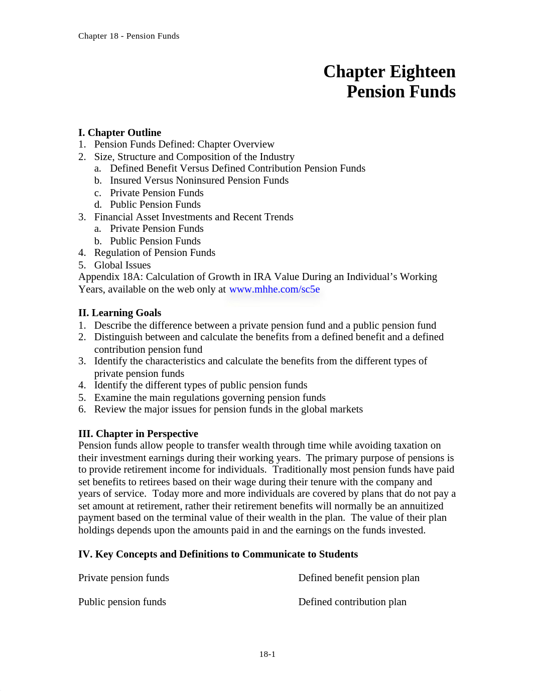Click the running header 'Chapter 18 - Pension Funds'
click(x=128, y=36)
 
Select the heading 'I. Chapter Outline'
click(x=119, y=132)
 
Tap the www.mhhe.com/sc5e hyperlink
click(x=274, y=290)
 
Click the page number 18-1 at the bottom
click(x=267, y=654)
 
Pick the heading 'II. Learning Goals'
click(x=119, y=313)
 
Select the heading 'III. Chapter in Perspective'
click(x=138, y=434)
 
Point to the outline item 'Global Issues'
click(x=122, y=265)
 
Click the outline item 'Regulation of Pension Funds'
click(x=155, y=253)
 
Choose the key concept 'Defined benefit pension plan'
click(x=359, y=578)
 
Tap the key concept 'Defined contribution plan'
click(x=352, y=602)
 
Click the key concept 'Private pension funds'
click(x=123, y=578)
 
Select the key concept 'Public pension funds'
click(x=122, y=602)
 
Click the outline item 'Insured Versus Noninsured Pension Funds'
click(x=199, y=181)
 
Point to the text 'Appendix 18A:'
click(x=110, y=277)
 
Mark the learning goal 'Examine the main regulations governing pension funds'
click(x=210, y=398)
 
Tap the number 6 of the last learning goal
click(x=81, y=409)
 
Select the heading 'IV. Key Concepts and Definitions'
click(x=218, y=554)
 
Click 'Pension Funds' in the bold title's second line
click(x=401, y=92)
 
